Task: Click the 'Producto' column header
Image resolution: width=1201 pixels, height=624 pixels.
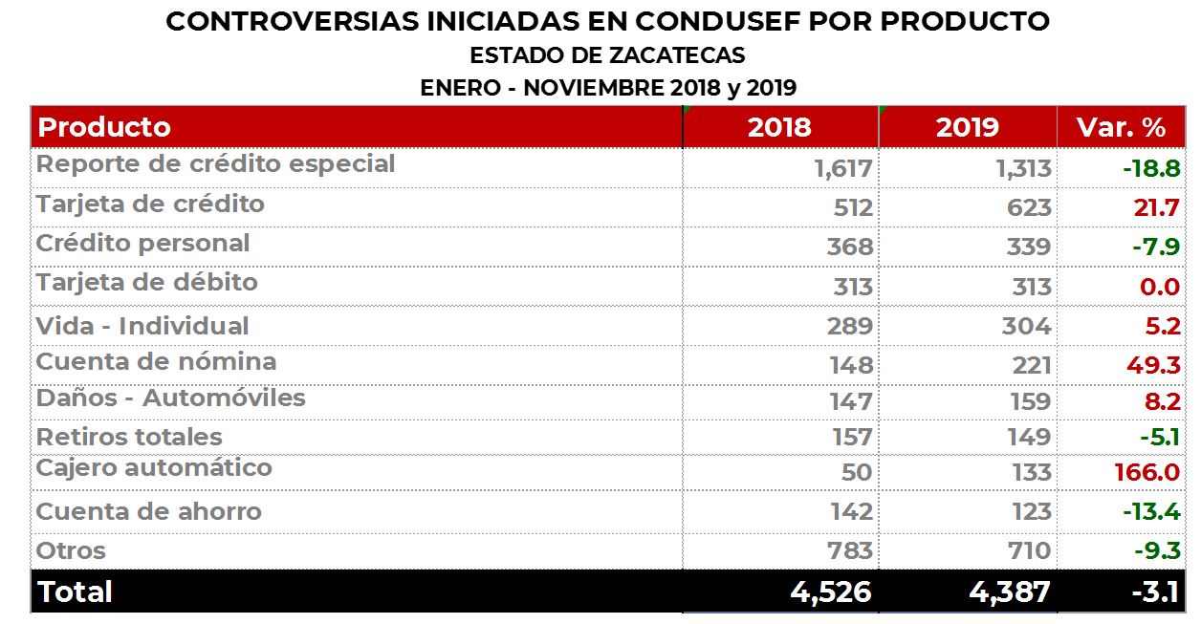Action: [x=103, y=127]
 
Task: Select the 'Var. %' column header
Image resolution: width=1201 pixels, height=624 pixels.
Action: [x=1121, y=127]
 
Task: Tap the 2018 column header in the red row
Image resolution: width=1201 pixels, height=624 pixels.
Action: [x=779, y=127]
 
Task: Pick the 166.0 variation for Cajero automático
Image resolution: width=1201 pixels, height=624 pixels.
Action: [x=1147, y=472]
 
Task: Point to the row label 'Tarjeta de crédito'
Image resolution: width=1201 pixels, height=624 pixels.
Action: [x=150, y=204]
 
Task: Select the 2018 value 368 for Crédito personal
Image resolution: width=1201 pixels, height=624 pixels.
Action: [x=850, y=247]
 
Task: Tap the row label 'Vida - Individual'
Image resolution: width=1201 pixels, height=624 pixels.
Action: [x=142, y=326]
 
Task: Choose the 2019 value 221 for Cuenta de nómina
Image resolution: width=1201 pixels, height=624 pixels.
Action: [x=1030, y=365]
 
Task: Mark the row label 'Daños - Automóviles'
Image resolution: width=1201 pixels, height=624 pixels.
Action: [x=170, y=398]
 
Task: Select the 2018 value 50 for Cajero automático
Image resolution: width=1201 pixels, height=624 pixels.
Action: [x=857, y=472]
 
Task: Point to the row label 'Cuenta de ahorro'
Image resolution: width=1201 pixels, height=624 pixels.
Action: [x=148, y=511]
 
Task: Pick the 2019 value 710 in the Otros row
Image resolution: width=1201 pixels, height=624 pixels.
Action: [x=1029, y=550]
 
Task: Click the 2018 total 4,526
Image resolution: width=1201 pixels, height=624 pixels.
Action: [x=831, y=592]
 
